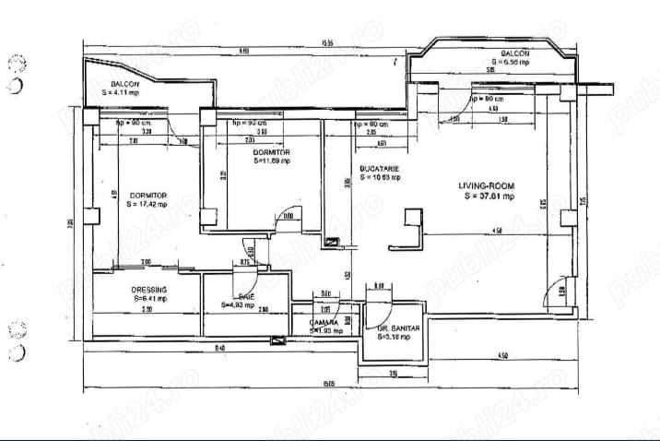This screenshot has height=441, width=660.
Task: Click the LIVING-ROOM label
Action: tap(488, 185)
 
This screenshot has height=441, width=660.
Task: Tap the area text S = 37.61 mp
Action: tap(488, 196)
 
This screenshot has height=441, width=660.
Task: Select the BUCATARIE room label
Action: tap(378, 168)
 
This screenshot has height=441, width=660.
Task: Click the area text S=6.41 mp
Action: tap(148, 298)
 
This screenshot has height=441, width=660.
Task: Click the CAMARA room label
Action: tap(325, 322)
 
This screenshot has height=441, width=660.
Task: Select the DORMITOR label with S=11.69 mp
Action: tap(273, 151)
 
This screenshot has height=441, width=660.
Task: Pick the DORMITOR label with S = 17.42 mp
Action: tap(147, 195)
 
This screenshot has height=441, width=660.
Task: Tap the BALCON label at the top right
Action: tap(515, 54)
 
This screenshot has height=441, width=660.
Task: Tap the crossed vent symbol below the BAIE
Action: tap(277, 341)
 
